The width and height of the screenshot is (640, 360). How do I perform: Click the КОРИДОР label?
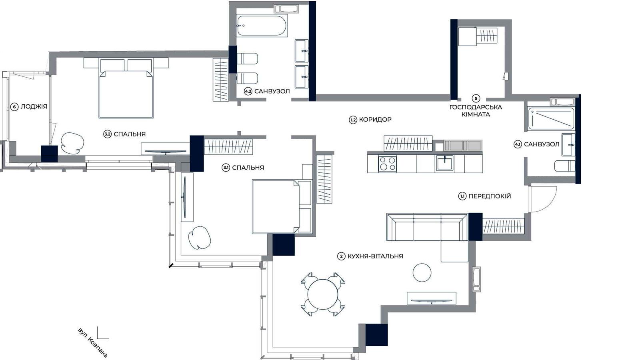point(375,120)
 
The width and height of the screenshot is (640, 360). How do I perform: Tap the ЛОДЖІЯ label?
point(34,106)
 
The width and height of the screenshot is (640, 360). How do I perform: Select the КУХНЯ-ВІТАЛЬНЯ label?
point(375,256)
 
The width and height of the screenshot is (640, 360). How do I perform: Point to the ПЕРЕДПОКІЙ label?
point(490,196)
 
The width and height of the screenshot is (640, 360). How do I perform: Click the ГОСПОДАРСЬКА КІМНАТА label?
point(476,111)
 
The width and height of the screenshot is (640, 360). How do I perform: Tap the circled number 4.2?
point(248,92)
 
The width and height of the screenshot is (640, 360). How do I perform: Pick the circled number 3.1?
point(226,168)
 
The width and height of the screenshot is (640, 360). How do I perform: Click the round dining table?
point(322,294)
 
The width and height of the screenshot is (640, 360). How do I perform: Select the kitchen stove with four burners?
point(388,164)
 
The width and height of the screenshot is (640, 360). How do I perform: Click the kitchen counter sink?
point(444,163)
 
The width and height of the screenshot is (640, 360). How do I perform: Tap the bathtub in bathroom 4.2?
point(262,26)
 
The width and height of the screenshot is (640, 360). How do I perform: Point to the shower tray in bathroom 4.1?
point(551,118)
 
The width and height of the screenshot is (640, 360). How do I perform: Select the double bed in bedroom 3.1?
point(282,206)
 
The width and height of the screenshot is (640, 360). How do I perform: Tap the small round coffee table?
point(422,272)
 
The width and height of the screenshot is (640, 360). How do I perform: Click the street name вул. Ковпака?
point(92,343)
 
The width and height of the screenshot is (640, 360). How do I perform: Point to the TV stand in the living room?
point(432,298)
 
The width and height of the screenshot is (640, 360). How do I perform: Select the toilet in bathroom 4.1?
point(564,166)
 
